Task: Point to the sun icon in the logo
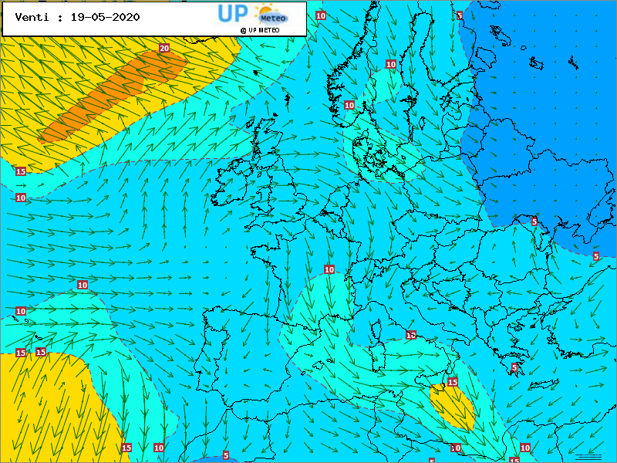[x=268, y=11]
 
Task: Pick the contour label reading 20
[x=164, y=48]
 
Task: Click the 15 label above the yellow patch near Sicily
[x=453, y=382]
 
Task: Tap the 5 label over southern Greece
[x=514, y=367]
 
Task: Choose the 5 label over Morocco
[x=226, y=455]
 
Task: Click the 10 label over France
[x=329, y=269]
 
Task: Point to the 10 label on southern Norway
[x=349, y=105]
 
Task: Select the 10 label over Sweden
[x=391, y=64]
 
